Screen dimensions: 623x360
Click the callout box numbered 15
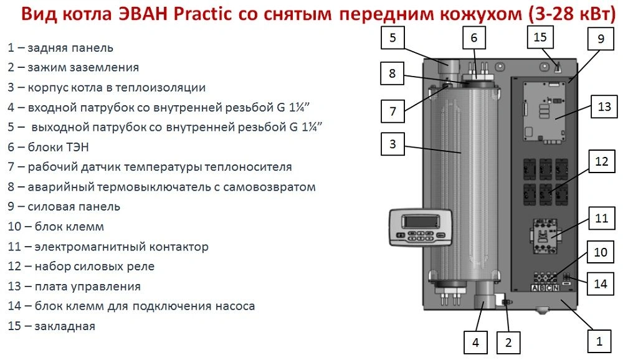pos(540,37)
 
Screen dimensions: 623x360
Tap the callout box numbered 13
pos(604,107)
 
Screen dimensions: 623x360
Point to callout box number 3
pos(392,144)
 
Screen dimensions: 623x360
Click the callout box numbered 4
pos(475,342)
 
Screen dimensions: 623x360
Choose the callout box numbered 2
pos(508,342)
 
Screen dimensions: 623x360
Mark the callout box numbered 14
pos(601,284)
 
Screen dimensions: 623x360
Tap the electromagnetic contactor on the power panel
pos(545,236)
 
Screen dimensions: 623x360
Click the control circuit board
pos(544,113)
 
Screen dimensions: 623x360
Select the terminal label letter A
pos(535,288)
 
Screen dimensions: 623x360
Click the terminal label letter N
pos(556,288)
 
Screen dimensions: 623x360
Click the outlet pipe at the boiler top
pos(449,66)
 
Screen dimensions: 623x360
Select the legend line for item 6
pos(48,147)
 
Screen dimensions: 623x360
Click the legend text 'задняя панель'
pos(70,48)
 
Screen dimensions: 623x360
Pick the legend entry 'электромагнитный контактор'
pos(121,247)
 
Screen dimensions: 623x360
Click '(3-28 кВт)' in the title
pos(572,14)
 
